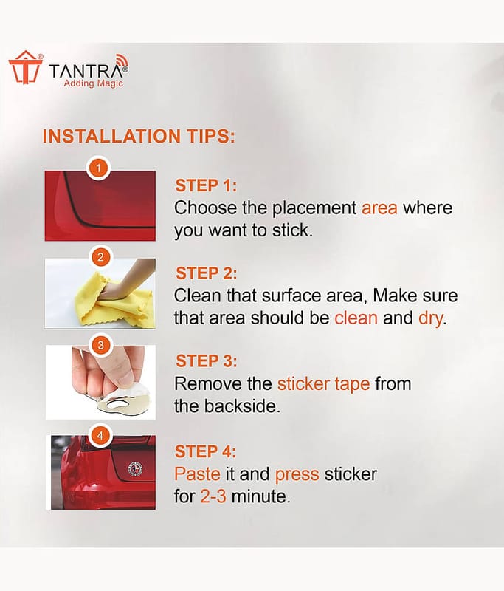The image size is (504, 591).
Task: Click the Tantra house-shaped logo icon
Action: point(26,67)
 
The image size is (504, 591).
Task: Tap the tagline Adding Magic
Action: point(94,83)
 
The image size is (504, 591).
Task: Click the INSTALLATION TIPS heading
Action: point(139,136)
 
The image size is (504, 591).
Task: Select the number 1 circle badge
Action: point(99,168)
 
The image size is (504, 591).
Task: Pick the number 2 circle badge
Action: point(100,257)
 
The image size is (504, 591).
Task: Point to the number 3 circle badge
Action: point(100,345)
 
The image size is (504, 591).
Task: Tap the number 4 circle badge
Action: point(100,436)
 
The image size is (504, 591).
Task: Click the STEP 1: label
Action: point(206,185)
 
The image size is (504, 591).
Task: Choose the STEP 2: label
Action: point(207,273)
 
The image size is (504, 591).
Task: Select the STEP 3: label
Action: point(207,361)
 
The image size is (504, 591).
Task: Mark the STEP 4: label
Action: point(206,451)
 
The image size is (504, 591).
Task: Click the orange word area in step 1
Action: point(379,208)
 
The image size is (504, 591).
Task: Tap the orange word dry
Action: point(430,318)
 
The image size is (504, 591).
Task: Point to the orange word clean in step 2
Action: point(356,318)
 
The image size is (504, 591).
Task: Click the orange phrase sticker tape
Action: point(323,384)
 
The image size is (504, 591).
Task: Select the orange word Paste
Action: point(197,474)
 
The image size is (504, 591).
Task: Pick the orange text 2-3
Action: point(213,496)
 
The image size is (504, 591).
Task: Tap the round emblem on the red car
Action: point(135,469)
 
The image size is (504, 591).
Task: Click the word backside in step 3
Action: point(241,406)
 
